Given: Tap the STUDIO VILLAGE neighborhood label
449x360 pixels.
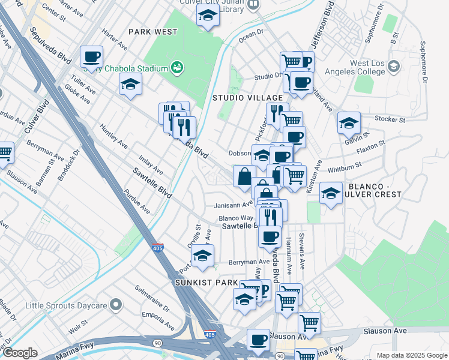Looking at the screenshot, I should point(247,97).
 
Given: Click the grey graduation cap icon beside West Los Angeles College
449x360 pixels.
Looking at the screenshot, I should point(394,66).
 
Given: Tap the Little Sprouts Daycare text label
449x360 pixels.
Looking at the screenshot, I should point(62,305).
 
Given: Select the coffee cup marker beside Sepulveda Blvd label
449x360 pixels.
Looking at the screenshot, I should point(91,58).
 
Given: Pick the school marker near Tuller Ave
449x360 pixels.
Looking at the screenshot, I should point(130,85).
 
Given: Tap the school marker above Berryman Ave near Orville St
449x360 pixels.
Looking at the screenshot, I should point(203,255).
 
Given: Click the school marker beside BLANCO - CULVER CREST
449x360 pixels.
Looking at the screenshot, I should point(331,193).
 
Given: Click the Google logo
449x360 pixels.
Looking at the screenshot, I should point(20,353).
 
